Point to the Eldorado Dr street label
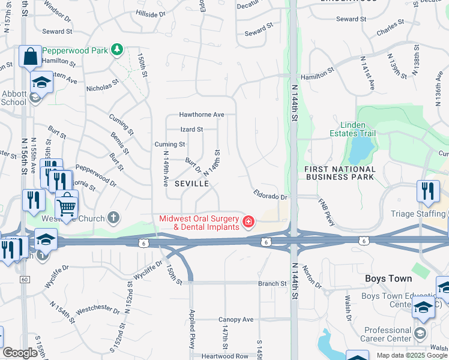[271, 196]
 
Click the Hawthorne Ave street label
[201, 115]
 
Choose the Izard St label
[191, 129]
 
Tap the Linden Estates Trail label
[353, 128]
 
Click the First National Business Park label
[340, 173]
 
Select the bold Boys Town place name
[388, 279]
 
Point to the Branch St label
[272, 283]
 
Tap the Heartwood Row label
[225, 356]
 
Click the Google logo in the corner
[20, 353]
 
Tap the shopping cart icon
[67, 207]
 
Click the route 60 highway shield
[25, 279]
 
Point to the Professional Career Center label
[387, 334]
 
